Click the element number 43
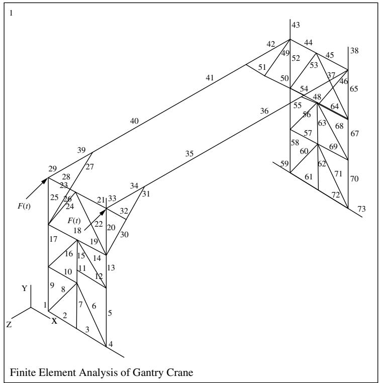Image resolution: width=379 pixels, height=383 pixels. [296, 25]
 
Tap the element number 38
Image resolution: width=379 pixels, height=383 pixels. [354, 51]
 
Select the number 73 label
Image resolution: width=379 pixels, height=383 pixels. [362, 209]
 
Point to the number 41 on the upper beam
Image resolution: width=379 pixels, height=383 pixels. [210, 78]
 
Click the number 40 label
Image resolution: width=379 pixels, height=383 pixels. [134, 121]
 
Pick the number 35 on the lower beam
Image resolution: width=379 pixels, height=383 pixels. [190, 154]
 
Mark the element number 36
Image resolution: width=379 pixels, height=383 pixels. [264, 111]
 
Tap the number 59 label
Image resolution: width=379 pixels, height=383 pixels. [285, 164]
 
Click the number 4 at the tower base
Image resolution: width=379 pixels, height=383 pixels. [111, 344]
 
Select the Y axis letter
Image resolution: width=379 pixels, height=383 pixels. [25, 289]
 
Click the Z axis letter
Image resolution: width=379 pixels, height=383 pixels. [9, 325]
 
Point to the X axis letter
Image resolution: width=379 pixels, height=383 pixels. [54, 321]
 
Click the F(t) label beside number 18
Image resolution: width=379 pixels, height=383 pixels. [74, 221]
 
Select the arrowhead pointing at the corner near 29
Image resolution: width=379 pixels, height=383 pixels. [44, 181]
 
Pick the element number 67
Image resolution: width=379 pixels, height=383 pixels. [354, 134]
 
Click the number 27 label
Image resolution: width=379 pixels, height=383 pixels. [89, 167]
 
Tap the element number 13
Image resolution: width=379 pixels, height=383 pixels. [111, 268]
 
